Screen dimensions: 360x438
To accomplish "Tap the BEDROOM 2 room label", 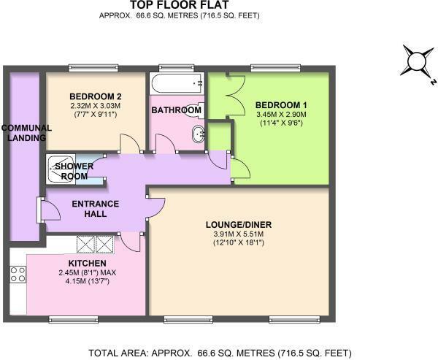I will (95, 96).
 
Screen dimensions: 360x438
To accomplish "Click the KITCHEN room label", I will (88, 263).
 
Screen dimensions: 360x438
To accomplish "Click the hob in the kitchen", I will (18, 275).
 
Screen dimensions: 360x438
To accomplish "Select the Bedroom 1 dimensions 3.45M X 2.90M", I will (281, 115).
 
